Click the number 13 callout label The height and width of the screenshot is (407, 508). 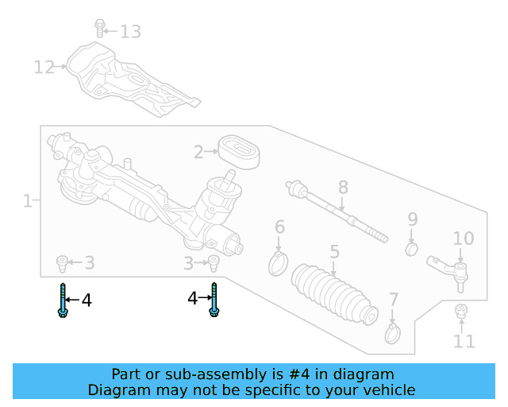[x=130, y=32]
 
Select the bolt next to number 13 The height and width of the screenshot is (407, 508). [x=100, y=28]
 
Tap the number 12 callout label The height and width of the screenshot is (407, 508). [x=44, y=68]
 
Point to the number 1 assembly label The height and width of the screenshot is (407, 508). [x=27, y=201]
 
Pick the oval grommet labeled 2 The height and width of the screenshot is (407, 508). [x=239, y=152]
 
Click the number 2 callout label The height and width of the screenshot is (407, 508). [x=199, y=150]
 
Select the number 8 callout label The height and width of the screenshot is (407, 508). [x=343, y=188]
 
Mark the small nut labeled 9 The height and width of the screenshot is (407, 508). [x=411, y=250]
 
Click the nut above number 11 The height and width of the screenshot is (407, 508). [x=460, y=311]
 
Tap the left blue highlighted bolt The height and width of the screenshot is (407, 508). [x=62, y=300]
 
